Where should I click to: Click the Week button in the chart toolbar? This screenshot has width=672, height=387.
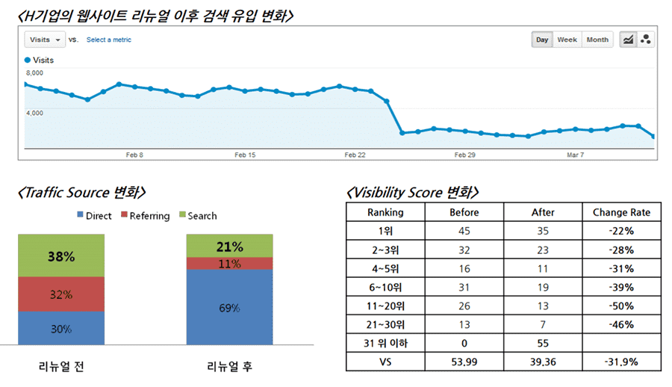tap(567, 40)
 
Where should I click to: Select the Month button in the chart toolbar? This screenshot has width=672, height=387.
tap(597, 40)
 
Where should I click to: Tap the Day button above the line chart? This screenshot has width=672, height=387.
tap(542, 40)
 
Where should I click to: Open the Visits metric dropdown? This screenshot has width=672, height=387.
tap(45, 40)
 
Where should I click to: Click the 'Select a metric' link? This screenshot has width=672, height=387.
tap(108, 40)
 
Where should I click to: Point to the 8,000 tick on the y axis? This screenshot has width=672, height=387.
tap(34, 73)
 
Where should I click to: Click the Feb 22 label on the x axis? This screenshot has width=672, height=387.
tap(355, 155)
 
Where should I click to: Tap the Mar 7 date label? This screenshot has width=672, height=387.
tap(575, 155)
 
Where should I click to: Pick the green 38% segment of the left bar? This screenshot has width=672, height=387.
tap(61, 256)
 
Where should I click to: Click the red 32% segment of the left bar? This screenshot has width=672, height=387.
tap(61, 294)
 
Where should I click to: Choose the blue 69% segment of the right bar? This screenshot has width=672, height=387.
tap(230, 308)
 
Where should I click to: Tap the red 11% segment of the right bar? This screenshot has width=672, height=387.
tap(230, 264)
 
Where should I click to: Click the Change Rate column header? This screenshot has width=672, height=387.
tap(621, 212)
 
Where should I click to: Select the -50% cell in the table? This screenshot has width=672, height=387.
tap(621, 306)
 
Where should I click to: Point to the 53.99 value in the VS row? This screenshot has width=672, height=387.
tap(464, 362)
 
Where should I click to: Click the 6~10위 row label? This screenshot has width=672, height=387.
tap(385, 287)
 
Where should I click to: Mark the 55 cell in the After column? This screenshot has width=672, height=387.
tap(543, 343)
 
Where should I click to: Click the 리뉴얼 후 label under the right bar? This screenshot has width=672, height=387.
tap(229, 367)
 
